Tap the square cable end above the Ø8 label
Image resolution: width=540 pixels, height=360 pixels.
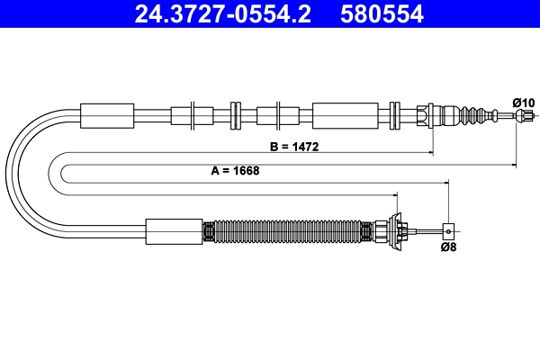[446, 230]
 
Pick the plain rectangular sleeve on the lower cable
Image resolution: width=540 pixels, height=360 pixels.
[175, 231]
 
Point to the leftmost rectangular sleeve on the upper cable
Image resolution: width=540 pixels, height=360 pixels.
[107, 115]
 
